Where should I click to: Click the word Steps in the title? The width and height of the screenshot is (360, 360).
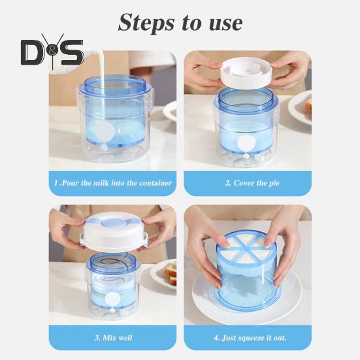pos(146,23)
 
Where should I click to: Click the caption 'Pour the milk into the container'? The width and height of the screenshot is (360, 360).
pos(112,183)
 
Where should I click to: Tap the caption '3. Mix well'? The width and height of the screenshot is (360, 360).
pos(112,338)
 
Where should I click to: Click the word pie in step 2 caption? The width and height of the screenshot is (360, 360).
pos(273,183)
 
